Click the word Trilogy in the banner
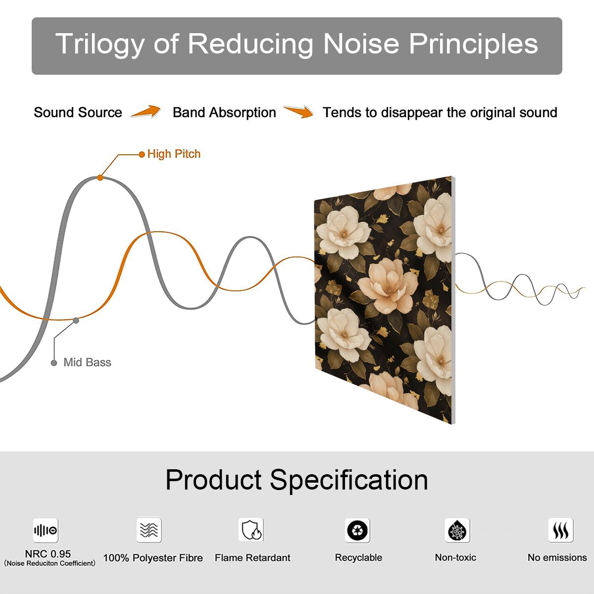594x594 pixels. [x=100, y=45]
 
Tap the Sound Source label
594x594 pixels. [x=78, y=112]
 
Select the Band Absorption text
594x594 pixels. [x=224, y=112]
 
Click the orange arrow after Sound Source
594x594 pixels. [x=146, y=111]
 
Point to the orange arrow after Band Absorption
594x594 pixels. [x=298, y=111]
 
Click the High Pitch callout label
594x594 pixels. [x=174, y=154]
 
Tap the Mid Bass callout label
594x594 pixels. [x=87, y=362]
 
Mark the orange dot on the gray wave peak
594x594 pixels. [x=100, y=178]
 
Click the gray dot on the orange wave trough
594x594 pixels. [x=76, y=321]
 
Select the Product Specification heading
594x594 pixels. [x=297, y=480]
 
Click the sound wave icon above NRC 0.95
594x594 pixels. [x=46, y=531]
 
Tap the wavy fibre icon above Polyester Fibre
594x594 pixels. [x=149, y=530]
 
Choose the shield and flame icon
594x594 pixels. [x=251, y=530]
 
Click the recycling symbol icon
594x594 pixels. [x=357, y=531]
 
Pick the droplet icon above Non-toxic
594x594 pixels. [x=457, y=531]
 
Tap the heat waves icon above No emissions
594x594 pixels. [x=561, y=530]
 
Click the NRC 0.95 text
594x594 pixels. [x=48, y=554]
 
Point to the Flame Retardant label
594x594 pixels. [x=252, y=558]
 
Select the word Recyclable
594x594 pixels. [x=358, y=558]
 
